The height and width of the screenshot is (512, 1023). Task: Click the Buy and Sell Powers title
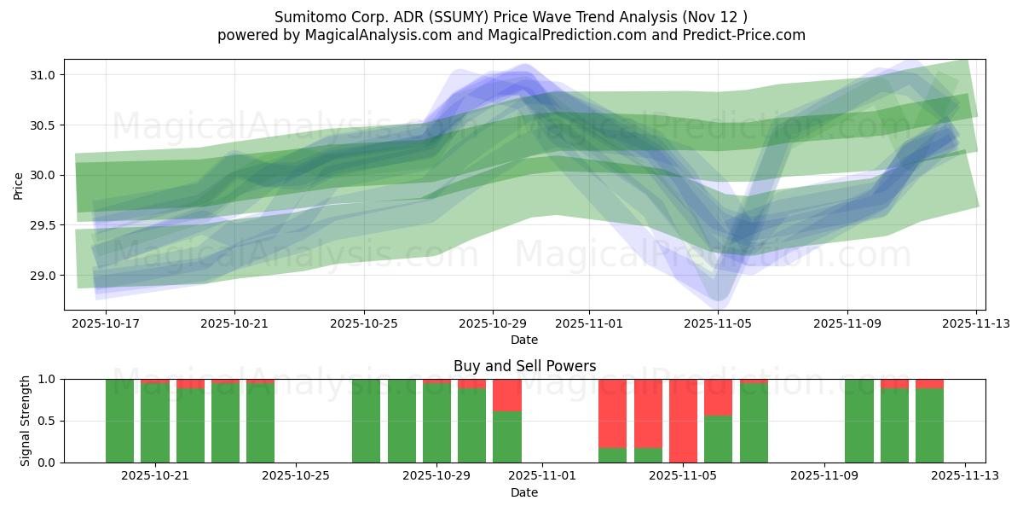coord(524,366)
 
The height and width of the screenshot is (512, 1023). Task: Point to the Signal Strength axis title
coord(26,421)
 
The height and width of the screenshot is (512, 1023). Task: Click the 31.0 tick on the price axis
coord(43,75)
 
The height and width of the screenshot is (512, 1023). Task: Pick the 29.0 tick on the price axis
coord(43,276)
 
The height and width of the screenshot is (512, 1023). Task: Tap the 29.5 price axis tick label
coord(43,225)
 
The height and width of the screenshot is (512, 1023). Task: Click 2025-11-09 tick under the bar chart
coord(824,476)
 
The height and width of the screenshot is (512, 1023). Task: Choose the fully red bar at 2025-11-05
coord(683,421)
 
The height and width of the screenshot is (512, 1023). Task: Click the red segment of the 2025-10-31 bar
coord(507,395)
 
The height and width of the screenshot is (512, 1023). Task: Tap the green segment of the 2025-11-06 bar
coord(718,439)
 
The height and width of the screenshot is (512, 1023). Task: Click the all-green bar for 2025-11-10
coord(859,421)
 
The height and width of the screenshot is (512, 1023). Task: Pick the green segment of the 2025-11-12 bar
coord(929,425)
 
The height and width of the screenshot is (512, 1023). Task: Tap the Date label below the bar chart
coord(524,492)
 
